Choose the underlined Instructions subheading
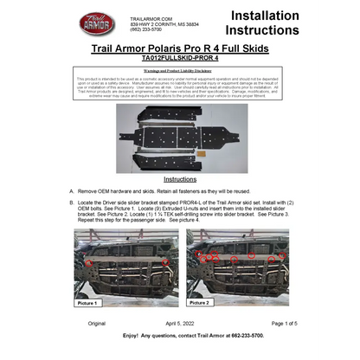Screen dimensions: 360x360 180,179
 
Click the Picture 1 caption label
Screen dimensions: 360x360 87,304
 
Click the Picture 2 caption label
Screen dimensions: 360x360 199,304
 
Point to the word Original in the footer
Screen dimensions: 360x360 96,323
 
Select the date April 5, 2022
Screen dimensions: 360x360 179,323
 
